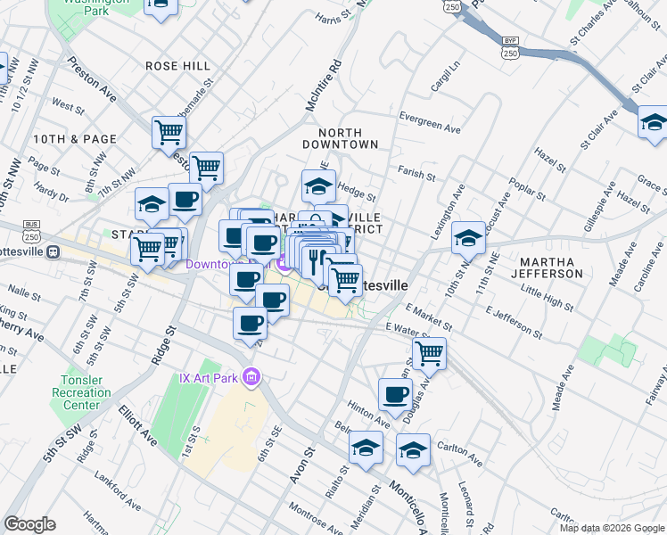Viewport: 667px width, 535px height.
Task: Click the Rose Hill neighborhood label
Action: [178, 66]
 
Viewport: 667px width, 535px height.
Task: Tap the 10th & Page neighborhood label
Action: [75, 139]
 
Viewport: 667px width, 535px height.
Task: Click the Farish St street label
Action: [416, 176]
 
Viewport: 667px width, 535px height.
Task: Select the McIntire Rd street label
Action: [324, 85]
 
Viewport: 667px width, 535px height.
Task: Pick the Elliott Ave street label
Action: [137, 427]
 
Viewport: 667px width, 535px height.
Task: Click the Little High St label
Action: [548, 300]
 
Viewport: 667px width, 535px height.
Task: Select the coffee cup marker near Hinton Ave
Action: [394, 393]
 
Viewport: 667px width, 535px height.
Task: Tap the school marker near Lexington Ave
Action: [468, 237]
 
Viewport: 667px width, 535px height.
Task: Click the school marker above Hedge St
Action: [317, 185]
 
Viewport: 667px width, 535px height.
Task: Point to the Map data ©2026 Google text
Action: [612, 528]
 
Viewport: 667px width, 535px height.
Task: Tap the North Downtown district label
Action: [341, 137]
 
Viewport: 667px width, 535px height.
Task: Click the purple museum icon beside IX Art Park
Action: [252, 377]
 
